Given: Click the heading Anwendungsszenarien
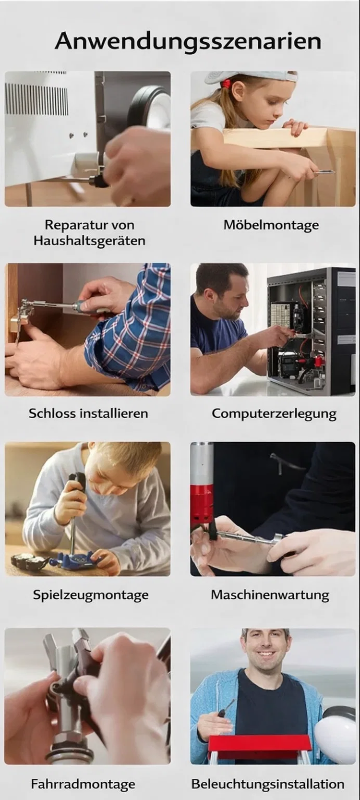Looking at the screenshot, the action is tap(188, 41).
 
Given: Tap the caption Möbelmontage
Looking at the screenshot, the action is tap(271, 225).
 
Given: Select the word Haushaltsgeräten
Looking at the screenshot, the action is tap(89, 241).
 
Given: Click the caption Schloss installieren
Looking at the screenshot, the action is tap(88, 413).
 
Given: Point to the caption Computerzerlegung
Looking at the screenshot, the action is tap(274, 414).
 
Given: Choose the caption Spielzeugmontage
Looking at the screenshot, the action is tap(91, 595).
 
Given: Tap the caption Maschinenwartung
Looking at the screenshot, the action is tap(270, 594).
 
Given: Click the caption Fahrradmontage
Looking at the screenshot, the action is tap(83, 784).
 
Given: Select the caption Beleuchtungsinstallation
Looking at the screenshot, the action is tap(268, 784).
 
